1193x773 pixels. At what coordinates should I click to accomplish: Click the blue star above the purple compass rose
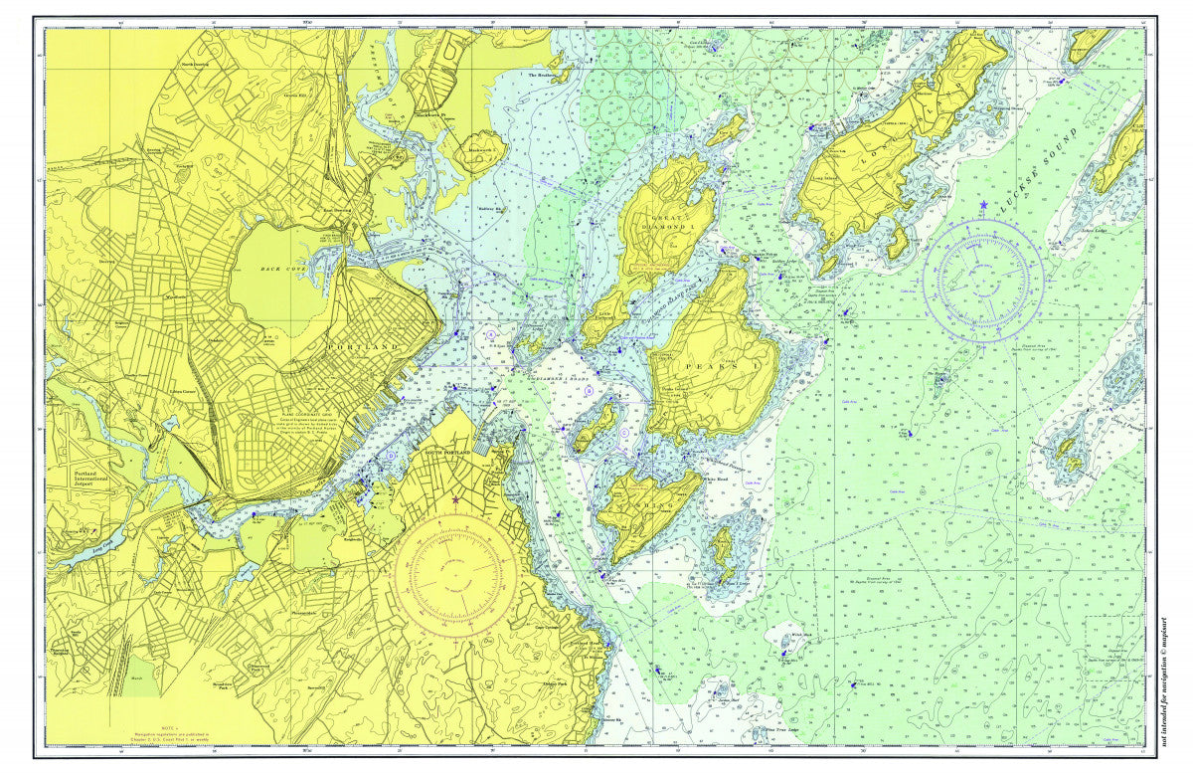click(984, 205)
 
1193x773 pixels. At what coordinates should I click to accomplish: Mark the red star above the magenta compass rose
click(455, 500)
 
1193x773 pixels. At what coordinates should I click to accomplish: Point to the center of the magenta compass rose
click(454, 575)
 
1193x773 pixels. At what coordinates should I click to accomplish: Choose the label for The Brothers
click(545, 76)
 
